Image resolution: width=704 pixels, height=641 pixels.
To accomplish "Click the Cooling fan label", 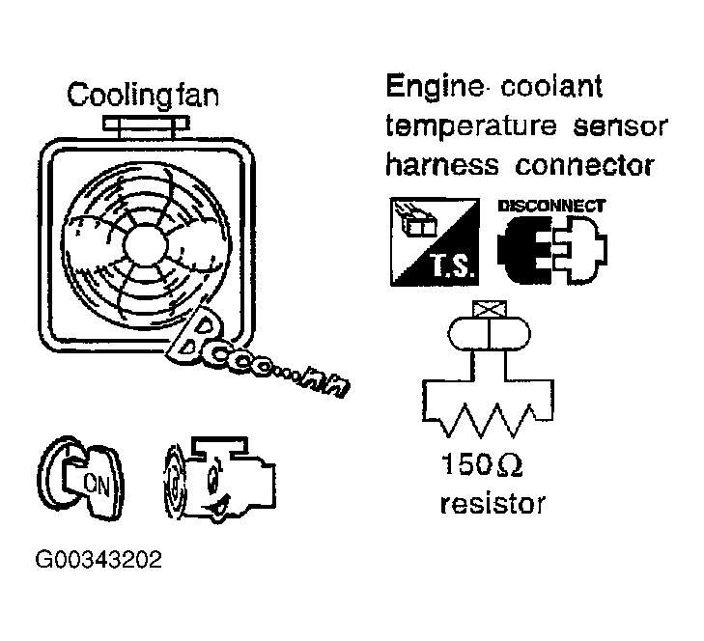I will tap(143, 97).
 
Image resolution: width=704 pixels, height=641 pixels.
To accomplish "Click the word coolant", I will tap(553, 89).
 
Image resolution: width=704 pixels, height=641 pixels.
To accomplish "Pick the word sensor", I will tap(614, 127).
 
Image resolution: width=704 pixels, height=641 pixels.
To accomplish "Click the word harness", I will tap(440, 165).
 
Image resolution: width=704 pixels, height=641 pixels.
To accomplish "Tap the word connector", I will tap(585, 165).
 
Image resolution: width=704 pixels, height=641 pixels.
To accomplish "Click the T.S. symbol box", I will tap(433, 241).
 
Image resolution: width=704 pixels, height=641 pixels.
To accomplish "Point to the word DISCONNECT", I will tap(551, 206).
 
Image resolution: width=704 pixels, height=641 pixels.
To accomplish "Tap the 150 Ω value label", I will tap(482, 467).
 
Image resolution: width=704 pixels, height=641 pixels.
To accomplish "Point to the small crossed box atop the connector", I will tap(488, 308).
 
